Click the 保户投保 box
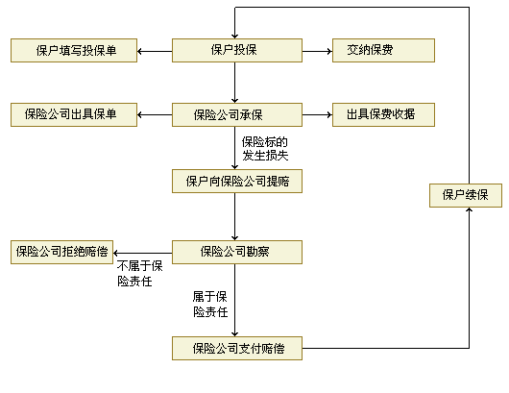click(x=237, y=50)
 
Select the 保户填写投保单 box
click(x=74, y=50)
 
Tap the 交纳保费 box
click(x=383, y=50)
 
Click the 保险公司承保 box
click(x=237, y=114)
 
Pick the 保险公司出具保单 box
click(x=74, y=114)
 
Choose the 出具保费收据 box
click(x=383, y=114)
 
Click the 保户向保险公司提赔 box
click(x=237, y=181)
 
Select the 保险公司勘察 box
click(x=237, y=252)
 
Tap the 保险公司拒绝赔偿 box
click(x=62, y=252)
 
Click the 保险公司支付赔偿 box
click(x=237, y=348)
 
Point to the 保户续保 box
click(x=466, y=195)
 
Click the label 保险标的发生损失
click(x=265, y=149)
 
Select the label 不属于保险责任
click(x=140, y=274)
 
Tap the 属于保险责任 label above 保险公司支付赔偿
click(x=210, y=304)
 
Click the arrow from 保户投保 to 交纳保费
click(x=318, y=51)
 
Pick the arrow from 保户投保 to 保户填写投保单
click(x=155, y=51)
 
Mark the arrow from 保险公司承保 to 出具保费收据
click(x=318, y=114)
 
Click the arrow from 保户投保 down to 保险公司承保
click(x=235, y=83)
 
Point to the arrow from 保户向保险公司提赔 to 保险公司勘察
click(x=235, y=216)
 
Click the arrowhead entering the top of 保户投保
click(x=235, y=37)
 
